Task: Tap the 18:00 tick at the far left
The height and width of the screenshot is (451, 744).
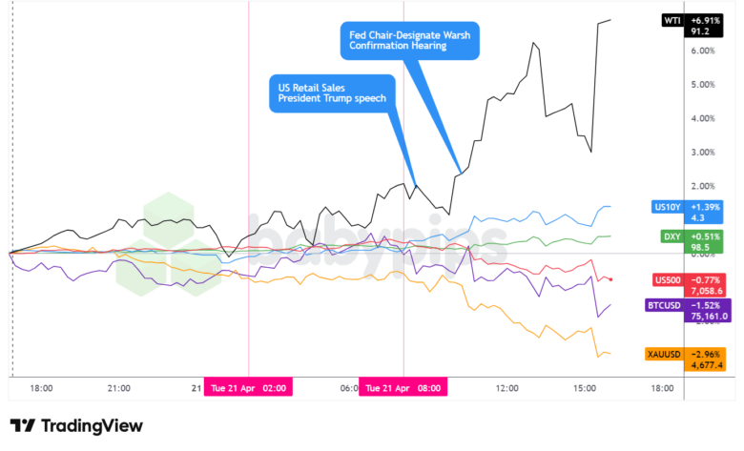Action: (41, 388)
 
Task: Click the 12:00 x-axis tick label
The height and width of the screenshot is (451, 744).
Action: (507, 388)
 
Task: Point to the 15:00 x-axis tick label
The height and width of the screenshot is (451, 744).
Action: (585, 388)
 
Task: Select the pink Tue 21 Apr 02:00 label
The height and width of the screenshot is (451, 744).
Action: (248, 388)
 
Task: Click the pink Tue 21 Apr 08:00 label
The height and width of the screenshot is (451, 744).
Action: (403, 388)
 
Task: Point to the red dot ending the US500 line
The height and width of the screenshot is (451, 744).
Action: (610, 279)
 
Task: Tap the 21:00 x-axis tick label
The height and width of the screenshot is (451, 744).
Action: (118, 388)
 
